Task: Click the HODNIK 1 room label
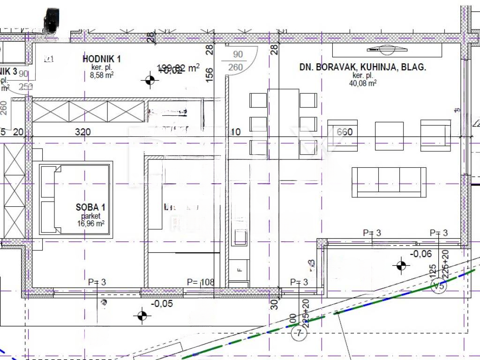(x=102, y=59)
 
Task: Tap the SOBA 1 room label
(x=90, y=207)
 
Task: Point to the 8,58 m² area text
(x=102, y=75)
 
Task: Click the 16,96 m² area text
(x=90, y=224)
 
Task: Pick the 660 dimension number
(x=345, y=132)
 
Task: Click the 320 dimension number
(x=83, y=132)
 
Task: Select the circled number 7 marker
(x=298, y=333)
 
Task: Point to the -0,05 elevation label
(x=162, y=304)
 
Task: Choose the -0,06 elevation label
(x=421, y=254)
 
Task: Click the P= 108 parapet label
(x=200, y=282)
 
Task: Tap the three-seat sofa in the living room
(x=389, y=182)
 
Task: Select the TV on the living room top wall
(x=387, y=49)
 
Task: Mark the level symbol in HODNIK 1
(x=150, y=81)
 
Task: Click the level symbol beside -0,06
(x=400, y=266)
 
